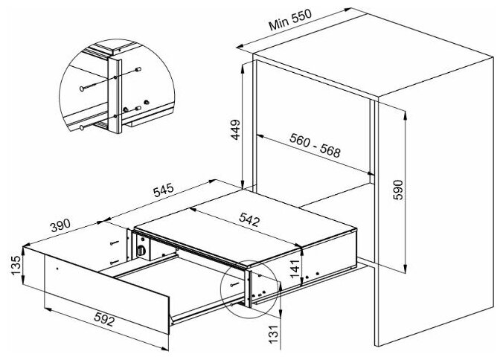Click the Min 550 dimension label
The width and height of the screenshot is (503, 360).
pyautogui.click(x=290, y=20)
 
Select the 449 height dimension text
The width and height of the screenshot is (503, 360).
pyautogui.click(x=236, y=129)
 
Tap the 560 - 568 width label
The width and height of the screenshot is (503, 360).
pyautogui.click(x=314, y=146)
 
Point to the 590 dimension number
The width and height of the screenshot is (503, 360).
pyautogui.click(x=398, y=190)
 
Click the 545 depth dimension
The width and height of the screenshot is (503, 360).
pyautogui.click(x=163, y=190)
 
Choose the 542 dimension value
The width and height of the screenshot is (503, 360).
pyautogui.click(x=249, y=219)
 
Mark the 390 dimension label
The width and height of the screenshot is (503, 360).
pyautogui.click(x=60, y=225)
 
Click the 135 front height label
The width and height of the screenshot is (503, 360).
pyautogui.click(x=16, y=266)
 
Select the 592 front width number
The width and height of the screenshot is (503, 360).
pyautogui.click(x=104, y=319)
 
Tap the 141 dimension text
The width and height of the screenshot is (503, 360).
pyautogui.click(x=295, y=269)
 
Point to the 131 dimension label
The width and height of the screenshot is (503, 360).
pyautogui.click(x=273, y=335)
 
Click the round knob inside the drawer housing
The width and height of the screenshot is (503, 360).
pyautogui.click(x=141, y=251)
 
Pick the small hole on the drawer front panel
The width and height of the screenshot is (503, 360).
pyautogui.click(x=57, y=268)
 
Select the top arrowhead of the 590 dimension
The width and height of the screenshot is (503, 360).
pyautogui.click(x=406, y=115)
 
